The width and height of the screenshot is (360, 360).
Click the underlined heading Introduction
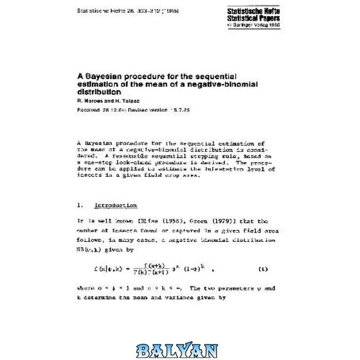click(x=115, y=206)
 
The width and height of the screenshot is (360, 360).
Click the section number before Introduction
click(x=80, y=206)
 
